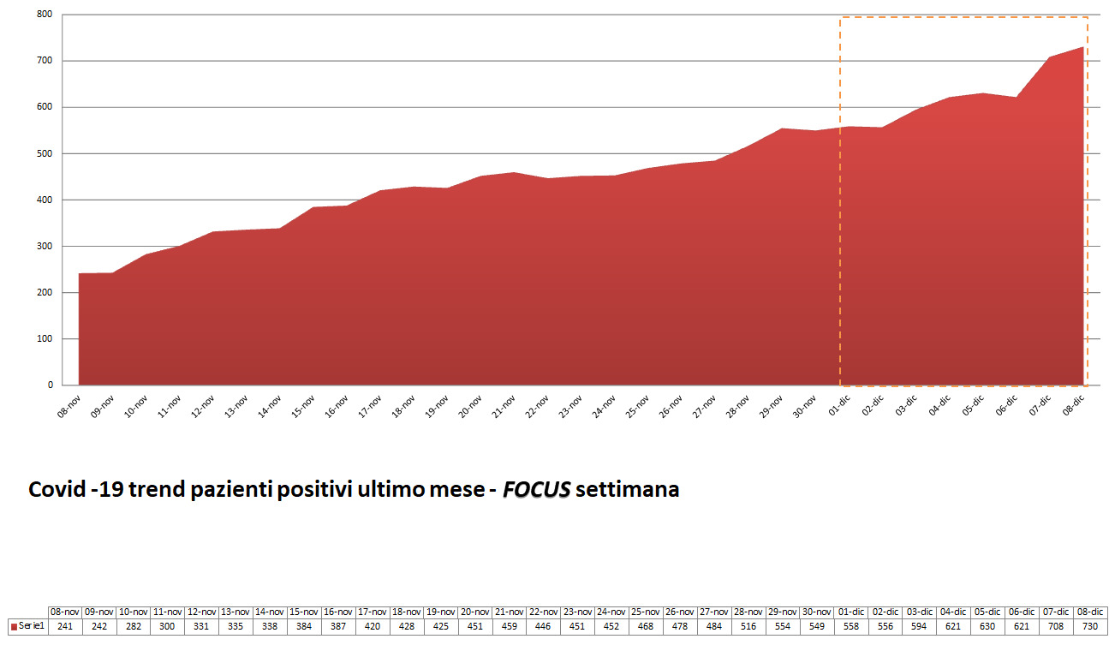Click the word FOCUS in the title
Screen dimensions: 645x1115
536,490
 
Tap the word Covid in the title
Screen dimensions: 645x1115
57,490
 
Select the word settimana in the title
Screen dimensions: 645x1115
628,490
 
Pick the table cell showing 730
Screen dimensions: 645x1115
1090,626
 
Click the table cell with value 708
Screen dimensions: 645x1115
1056,626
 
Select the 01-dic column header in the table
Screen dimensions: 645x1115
853,612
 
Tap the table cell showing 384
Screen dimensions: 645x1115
305,626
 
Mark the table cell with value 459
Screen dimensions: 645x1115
510,626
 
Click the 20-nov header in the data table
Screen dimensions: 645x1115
475,612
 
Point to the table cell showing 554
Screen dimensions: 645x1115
783,626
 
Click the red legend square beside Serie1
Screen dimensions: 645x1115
14,627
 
